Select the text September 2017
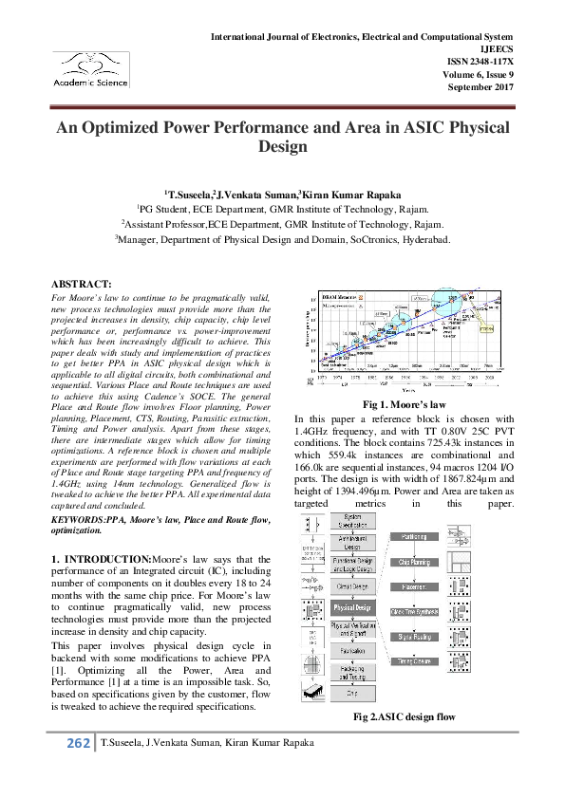(480, 86)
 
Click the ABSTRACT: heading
(81, 284)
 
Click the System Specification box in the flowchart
(352, 521)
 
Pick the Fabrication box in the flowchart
(352, 654)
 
